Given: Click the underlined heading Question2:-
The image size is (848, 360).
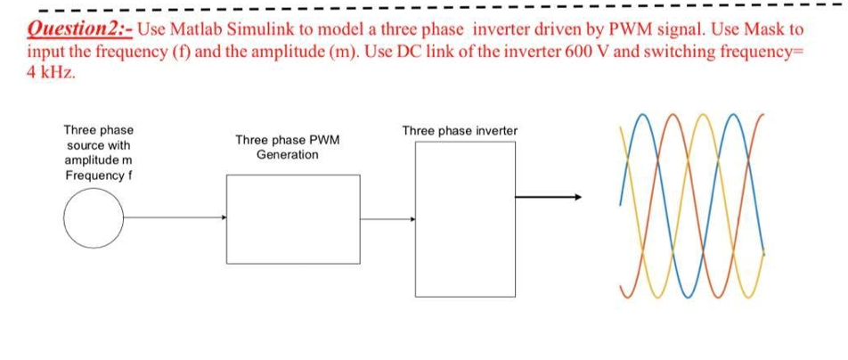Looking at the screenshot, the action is coord(80,29).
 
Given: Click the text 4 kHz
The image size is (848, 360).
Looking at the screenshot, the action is coord(51,74).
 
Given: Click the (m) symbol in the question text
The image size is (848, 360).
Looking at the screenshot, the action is coord(350,52).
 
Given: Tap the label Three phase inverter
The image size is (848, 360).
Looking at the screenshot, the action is coord(460,131).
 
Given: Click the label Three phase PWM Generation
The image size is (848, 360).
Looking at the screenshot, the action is coord(288,147).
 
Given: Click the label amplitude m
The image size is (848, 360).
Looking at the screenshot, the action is coord(98,160).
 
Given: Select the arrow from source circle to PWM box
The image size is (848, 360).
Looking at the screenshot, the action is coord(175,217).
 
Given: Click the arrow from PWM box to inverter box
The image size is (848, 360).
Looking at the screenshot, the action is coord(387,219).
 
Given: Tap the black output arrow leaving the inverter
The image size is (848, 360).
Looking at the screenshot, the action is coord(549,197).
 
